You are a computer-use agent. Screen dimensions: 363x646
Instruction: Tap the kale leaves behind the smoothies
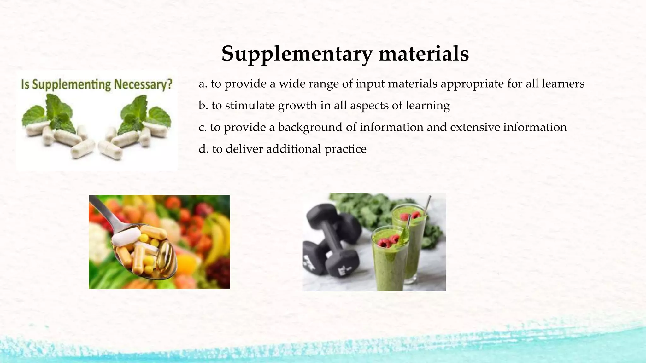click(x=363, y=205)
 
